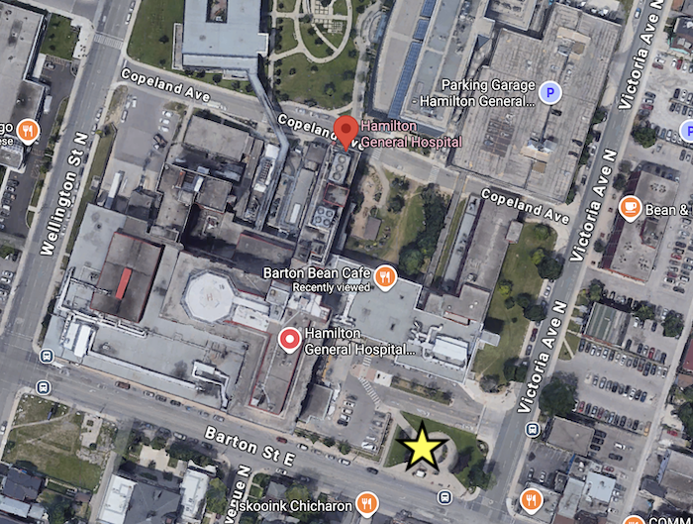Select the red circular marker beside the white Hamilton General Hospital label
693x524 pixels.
289,341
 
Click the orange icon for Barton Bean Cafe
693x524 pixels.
385,274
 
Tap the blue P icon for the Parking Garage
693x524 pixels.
550,93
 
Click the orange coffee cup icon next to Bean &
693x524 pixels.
630,208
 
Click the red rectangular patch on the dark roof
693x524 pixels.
122,283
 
